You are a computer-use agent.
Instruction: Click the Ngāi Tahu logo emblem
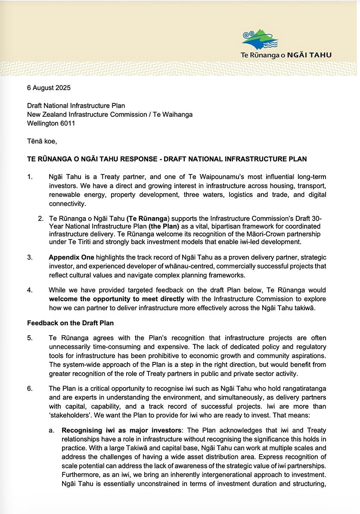point(260,40)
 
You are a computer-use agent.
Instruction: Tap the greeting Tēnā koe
point(42,141)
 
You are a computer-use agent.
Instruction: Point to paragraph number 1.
point(30,177)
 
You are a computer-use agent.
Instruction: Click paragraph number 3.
point(30,257)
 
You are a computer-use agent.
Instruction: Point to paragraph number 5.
point(30,338)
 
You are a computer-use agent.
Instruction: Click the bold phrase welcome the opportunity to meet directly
point(116,299)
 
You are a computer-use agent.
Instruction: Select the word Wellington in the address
point(42,123)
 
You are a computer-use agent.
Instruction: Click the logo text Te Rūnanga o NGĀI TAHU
point(286,55)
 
